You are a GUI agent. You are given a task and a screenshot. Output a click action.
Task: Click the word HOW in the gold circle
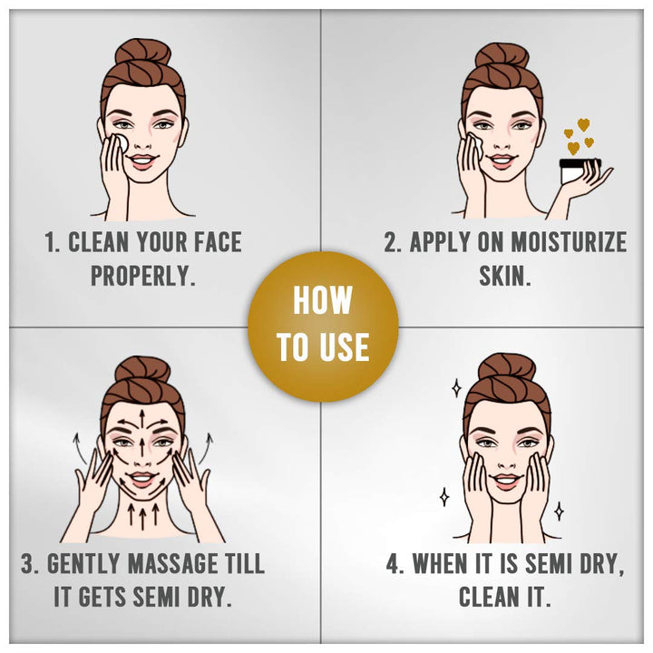(x=323, y=300)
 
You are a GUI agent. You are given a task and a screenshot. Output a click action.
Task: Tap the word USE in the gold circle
(x=344, y=346)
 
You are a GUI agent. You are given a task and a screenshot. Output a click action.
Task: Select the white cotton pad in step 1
(x=122, y=143)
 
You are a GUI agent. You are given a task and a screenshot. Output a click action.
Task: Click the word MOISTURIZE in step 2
(x=569, y=241)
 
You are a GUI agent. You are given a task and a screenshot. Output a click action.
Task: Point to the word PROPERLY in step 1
(x=143, y=276)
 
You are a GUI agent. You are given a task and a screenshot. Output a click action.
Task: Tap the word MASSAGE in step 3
(x=173, y=563)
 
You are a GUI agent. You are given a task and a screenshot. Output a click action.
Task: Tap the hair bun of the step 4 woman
(x=506, y=367)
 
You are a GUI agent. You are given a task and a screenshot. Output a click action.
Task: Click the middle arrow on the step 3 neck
(x=143, y=516)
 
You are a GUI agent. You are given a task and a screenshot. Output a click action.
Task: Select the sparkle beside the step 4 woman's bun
(x=457, y=388)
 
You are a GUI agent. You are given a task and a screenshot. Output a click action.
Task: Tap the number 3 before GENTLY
(x=28, y=563)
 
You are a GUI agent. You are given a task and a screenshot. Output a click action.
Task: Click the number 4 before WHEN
(x=393, y=563)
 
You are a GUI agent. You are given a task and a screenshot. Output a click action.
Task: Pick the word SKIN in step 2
(x=504, y=276)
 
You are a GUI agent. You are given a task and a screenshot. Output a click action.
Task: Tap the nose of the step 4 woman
(x=506, y=461)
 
